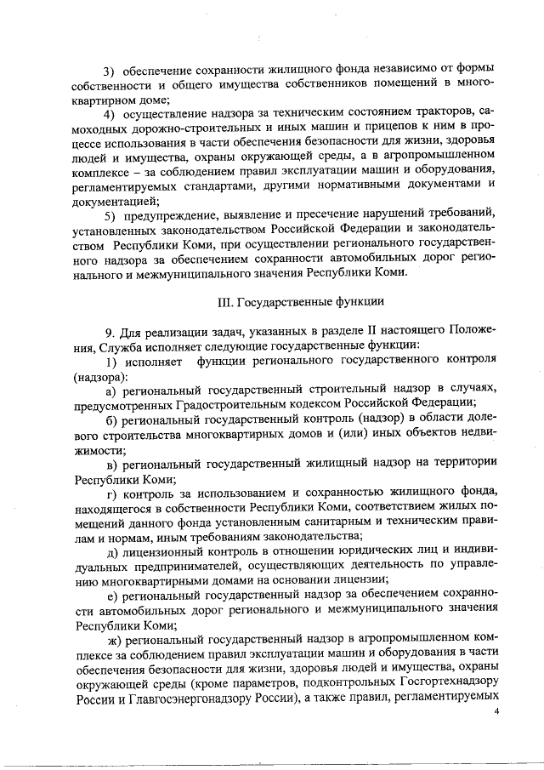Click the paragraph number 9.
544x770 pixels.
point(108,329)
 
